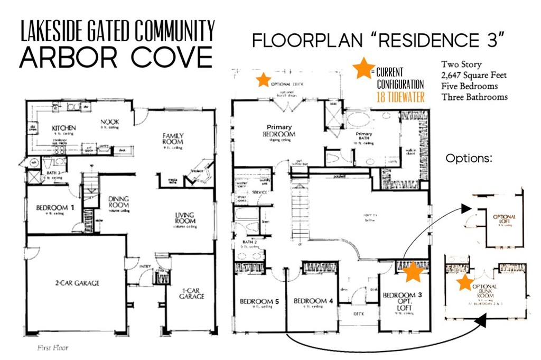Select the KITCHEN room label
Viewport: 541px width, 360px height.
tap(64, 128)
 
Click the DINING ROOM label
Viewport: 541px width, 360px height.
tap(118, 201)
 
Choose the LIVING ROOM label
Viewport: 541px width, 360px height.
tap(185, 218)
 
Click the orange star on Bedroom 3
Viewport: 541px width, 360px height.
tap(414, 272)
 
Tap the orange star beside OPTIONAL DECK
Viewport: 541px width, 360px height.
tap(263, 80)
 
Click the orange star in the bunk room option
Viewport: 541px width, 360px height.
tap(465, 282)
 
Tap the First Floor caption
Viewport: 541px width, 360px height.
tap(52, 348)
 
